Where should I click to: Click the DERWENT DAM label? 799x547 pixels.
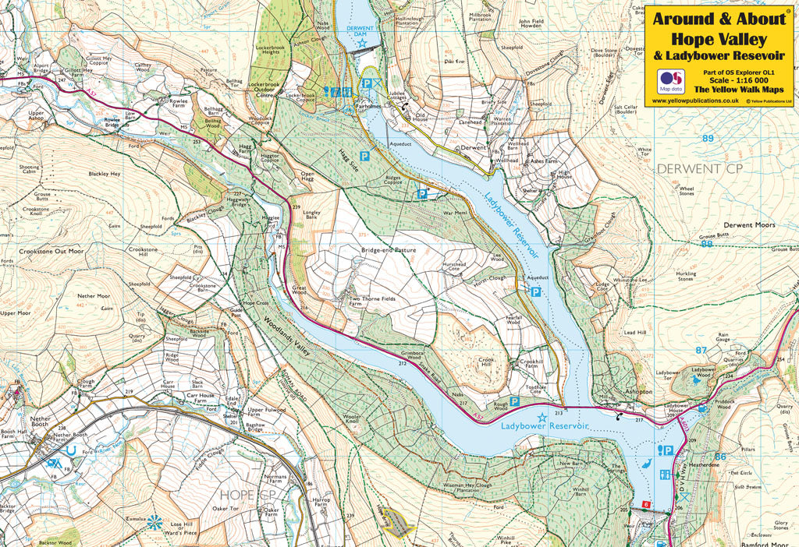(x=359, y=29)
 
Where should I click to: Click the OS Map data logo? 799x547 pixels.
(x=670, y=79)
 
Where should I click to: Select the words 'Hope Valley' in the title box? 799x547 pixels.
(x=719, y=39)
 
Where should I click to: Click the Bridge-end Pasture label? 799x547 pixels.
(x=389, y=250)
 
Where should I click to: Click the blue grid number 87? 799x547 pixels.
(x=700, y=351)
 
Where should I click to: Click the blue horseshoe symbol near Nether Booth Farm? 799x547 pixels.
(x=71, y=450)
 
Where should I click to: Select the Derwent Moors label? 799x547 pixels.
(x=749, y=225)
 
